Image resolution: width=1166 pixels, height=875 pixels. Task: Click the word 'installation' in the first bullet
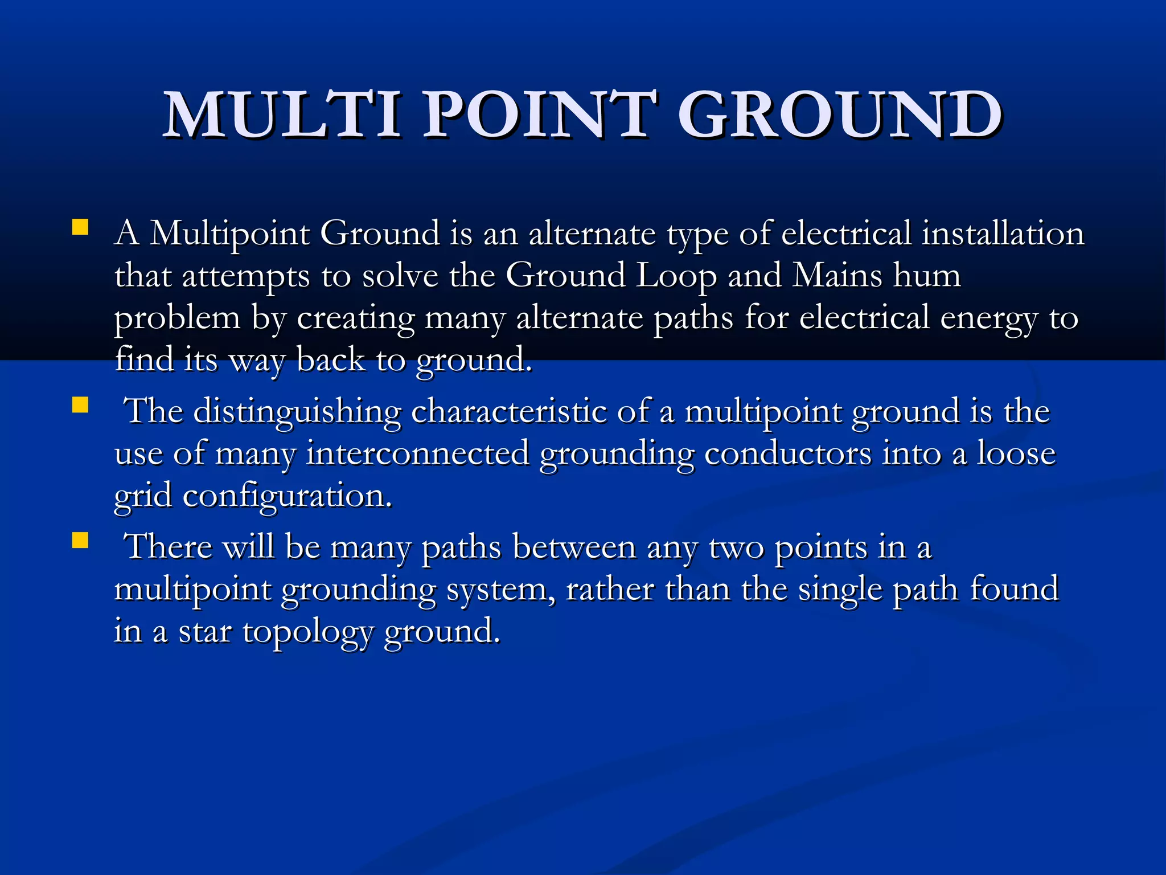coord(1003,234)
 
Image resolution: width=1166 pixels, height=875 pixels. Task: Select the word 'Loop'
coord(676,276)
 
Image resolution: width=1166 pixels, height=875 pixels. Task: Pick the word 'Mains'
coord(837,276)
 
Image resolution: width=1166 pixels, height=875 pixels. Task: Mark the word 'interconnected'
coord(418,454)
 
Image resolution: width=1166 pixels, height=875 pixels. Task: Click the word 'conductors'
coord(787,454)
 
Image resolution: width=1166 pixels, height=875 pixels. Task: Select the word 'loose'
coord(1016,454)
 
